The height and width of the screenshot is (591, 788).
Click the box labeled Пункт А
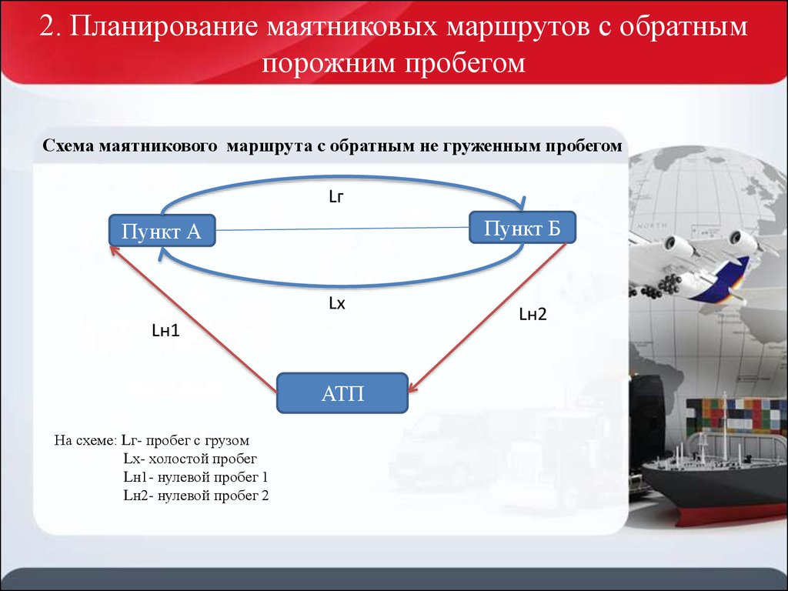[x=162, y=231]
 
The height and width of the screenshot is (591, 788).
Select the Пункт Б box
[x=523, y=228]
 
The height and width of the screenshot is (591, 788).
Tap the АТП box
[x=342, y=393]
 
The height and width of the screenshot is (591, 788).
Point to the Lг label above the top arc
[x=336, y=196]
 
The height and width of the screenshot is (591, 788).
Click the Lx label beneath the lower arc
[x=337, y=303]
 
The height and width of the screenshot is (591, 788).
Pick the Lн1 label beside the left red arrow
[x=166, y=330]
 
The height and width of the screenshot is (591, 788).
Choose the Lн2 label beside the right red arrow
[x=533, y=314]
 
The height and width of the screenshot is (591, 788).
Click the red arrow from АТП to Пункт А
[x=193, y=319]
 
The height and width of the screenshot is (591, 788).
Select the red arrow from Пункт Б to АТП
[x=487, y=317]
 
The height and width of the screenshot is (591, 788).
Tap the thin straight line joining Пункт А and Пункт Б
[x=342, y=229]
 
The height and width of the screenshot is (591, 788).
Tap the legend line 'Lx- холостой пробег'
[x=190, y=459]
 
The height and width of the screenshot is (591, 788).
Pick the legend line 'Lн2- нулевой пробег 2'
[x=196, y=496]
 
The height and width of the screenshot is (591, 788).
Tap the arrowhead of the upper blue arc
[x=522, y=203]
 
